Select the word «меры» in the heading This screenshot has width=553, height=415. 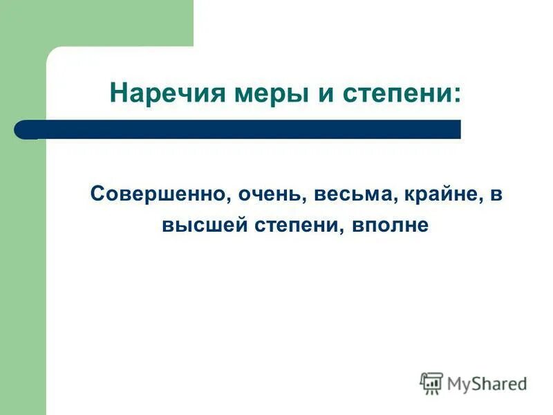[252, 93]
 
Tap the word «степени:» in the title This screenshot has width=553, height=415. [402, 93]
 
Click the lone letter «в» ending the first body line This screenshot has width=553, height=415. [495, 194]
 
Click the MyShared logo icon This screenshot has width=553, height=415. [431, 382]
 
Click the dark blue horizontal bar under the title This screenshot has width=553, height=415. [249, 129]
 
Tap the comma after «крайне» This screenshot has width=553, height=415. [479, 200]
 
